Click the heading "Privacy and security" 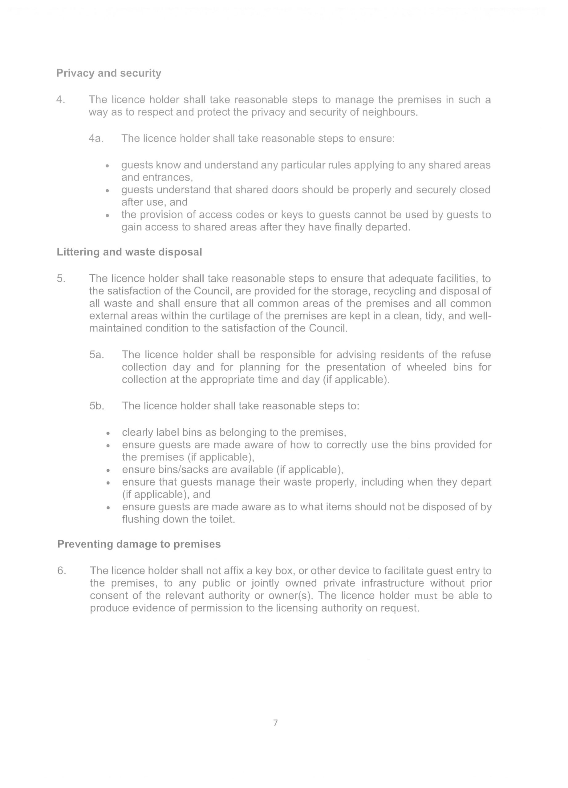(x=109, y=73)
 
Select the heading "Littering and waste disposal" (x=129, y=252)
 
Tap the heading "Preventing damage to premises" (x=139, y=544)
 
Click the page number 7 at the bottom (x=276, y=723)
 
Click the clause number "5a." (x=97, y=355)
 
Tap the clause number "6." (x=62, y=571)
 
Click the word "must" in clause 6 (x=426, y=596)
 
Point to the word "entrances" (x=156, y=178)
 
